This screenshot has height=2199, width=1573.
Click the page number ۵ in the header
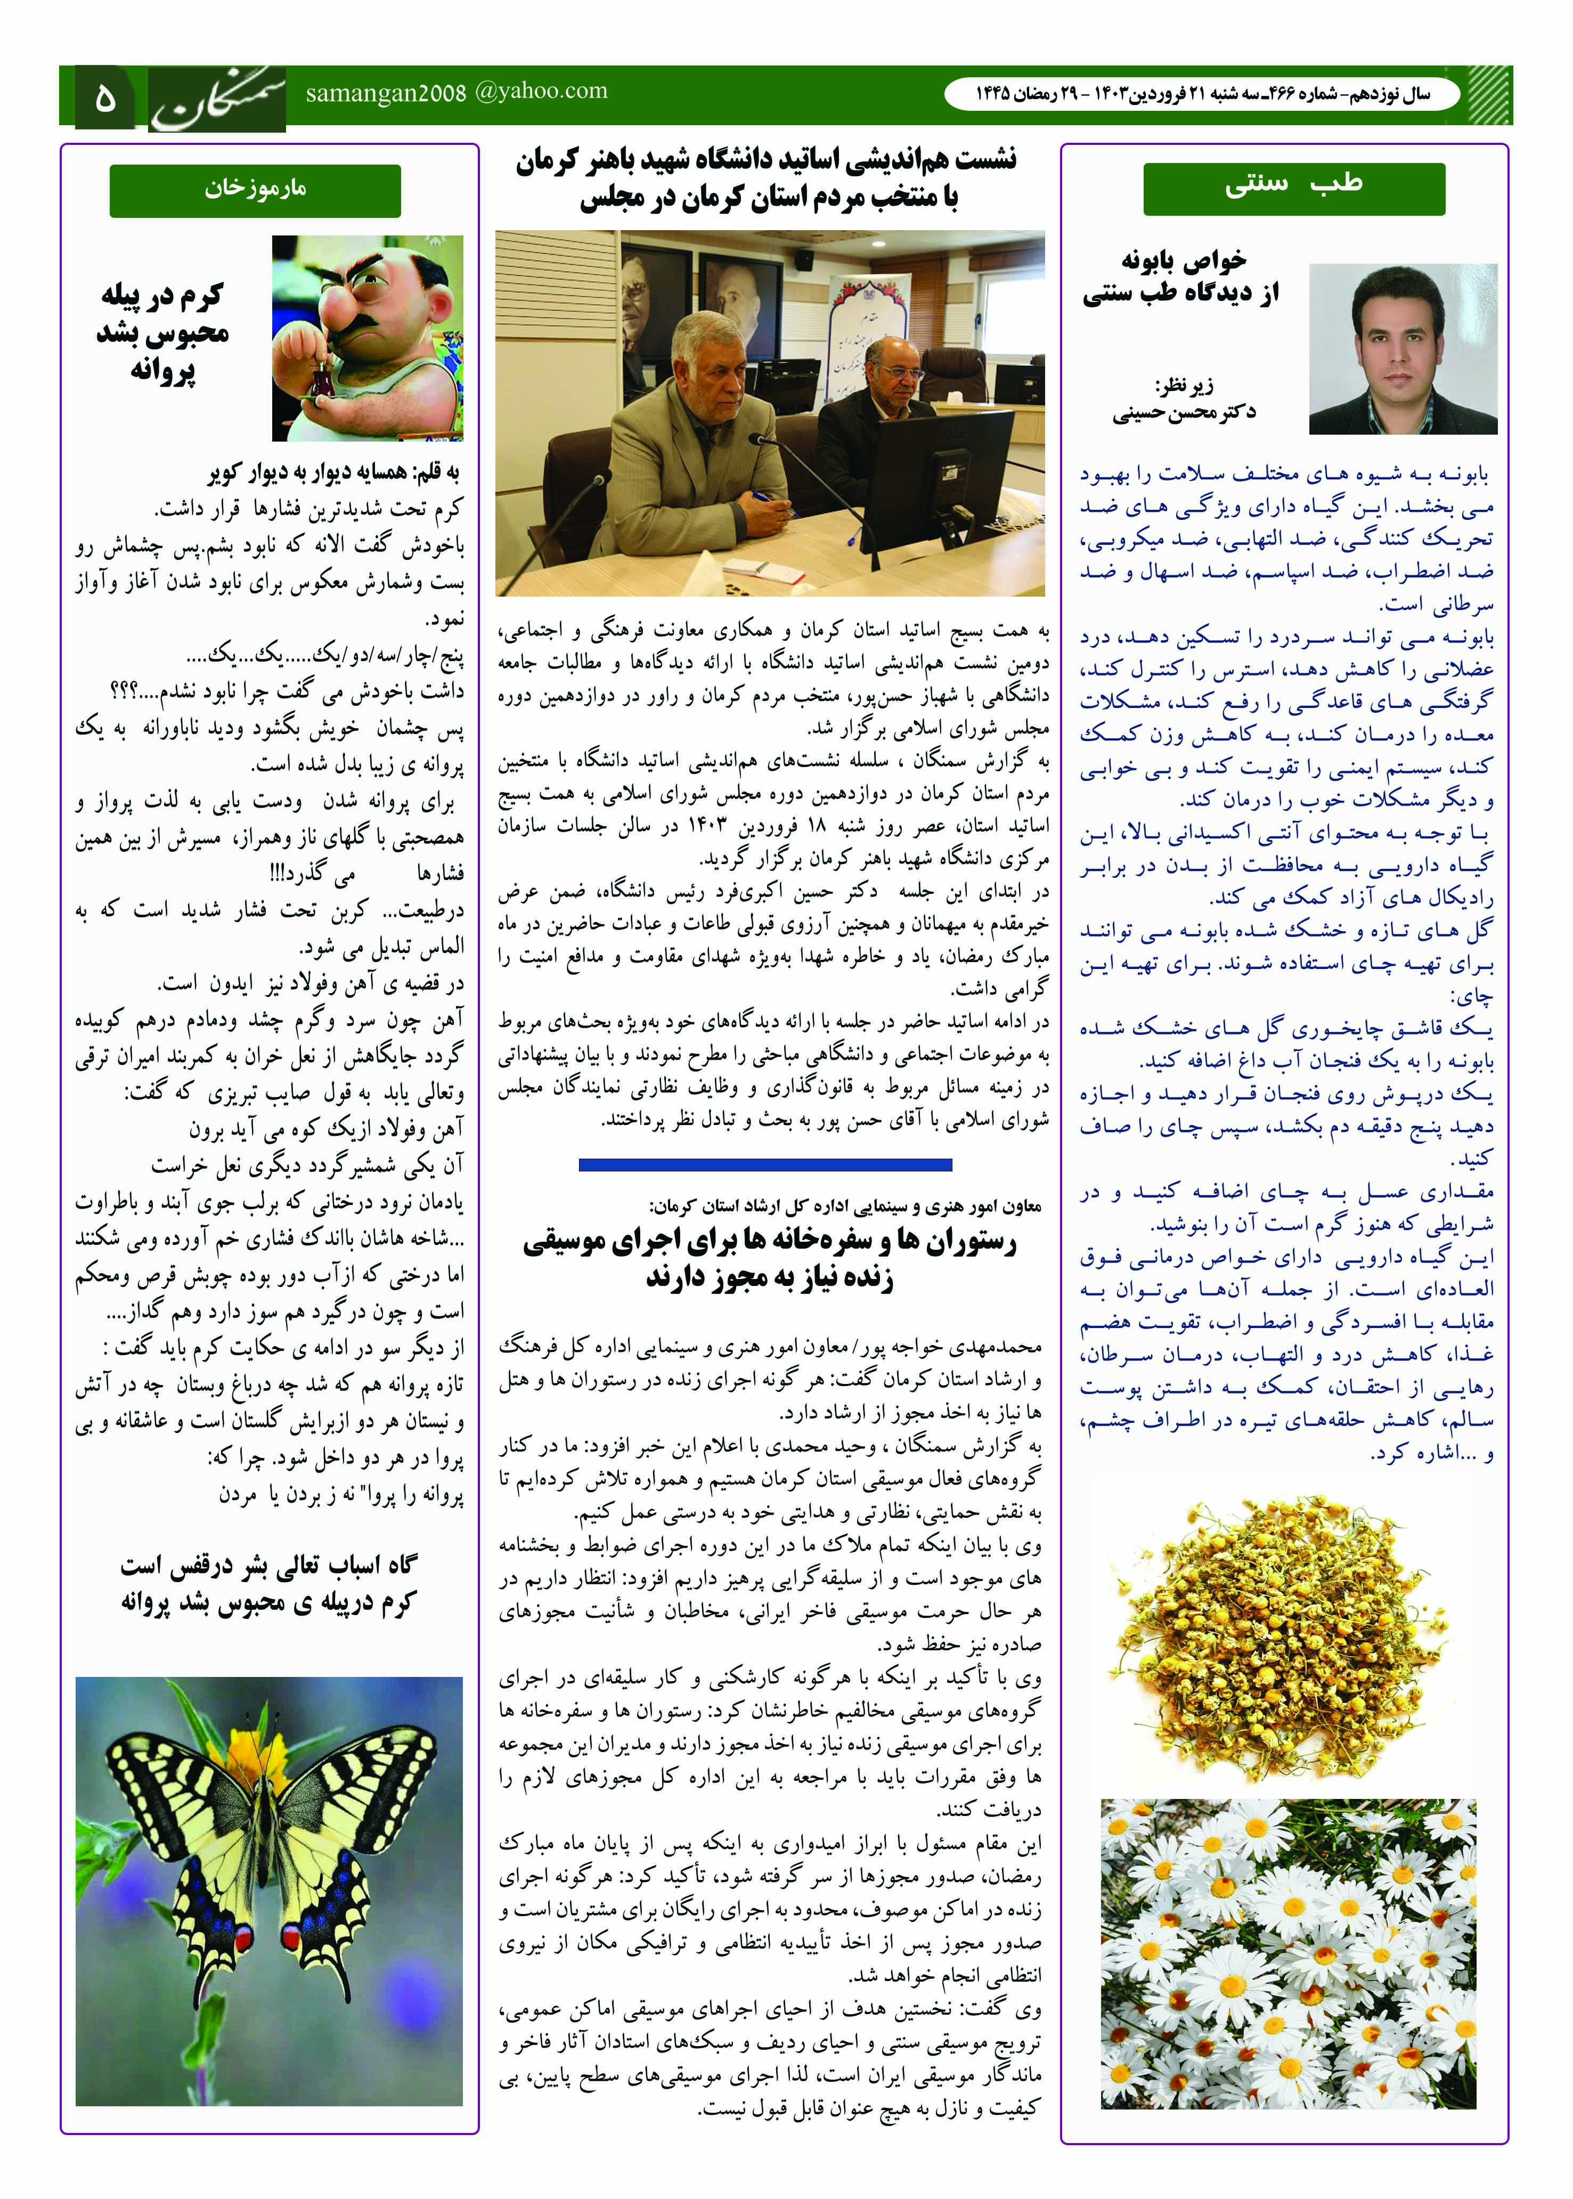point(104,97)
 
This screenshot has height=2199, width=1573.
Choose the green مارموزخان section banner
point(255,190)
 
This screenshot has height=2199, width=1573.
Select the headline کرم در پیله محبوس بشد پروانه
point(162,332)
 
